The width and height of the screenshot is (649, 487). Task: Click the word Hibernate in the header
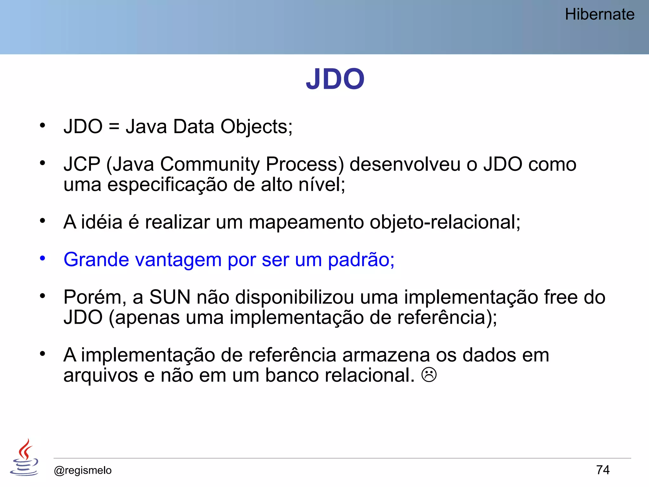(600, 15)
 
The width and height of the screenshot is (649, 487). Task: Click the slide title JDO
(335, 79)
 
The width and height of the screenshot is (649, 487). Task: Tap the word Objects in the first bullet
(256, 127)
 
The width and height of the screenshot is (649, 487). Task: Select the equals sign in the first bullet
(114, 127)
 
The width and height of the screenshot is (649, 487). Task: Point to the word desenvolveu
(405, 164)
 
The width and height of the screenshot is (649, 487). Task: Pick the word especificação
(167, 185)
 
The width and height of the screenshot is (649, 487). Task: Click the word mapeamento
(306, 222)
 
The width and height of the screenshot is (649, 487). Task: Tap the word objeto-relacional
(445, 222)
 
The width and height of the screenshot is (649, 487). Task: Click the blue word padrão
(361, 260)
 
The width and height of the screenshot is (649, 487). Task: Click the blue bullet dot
(42, 258)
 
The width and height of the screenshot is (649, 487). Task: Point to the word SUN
(170, 297)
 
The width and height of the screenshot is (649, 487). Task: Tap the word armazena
(386, 355)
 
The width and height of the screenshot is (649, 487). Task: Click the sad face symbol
(429, 375)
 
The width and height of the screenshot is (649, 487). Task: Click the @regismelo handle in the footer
(83, 470)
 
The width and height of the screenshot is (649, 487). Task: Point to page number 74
(603, 470)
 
